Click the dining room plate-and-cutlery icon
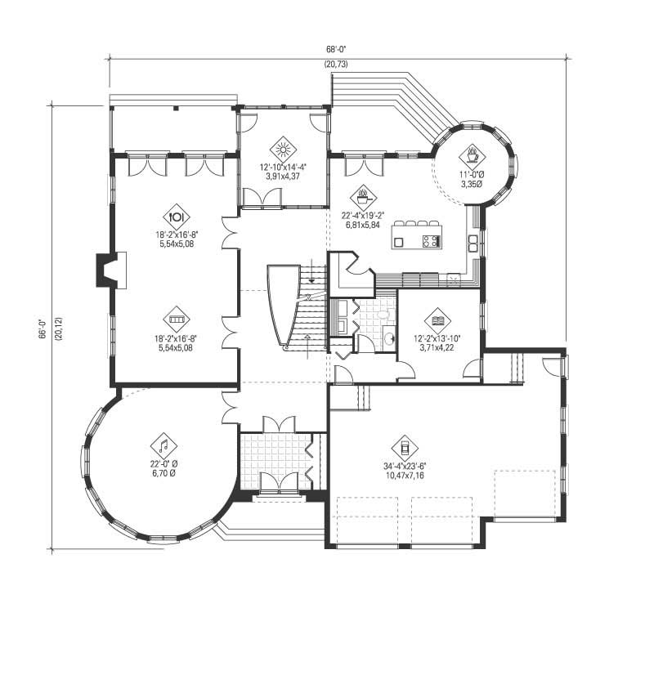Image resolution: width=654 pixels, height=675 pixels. pyautogui.click(x=177, y=217)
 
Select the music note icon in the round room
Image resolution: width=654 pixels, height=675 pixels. pyautogui.click(x=163, y=446)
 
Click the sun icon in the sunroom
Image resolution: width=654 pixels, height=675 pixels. pyautogui.click(x=284, y=150)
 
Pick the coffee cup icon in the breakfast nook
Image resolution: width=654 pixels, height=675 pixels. pyautogui.click(x=473, y=154)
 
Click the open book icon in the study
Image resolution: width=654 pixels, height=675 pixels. pyautogui.click(x=437, y=320)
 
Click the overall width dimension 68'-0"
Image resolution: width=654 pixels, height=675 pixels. pyautogui.click(x=335, y=49)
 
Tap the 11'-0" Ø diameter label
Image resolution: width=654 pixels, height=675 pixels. pyautogui.click(x=473, y=175)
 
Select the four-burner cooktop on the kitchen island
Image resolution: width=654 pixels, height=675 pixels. pyautogui.click(x=430, y=240)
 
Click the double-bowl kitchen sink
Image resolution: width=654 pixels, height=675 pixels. pyautogui.click(x=473, y=242)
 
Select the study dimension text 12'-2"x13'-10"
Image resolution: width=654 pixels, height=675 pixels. pyautogui.click(x=438, y=337)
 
